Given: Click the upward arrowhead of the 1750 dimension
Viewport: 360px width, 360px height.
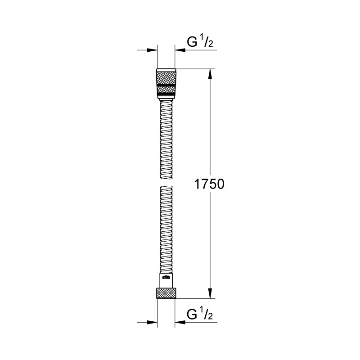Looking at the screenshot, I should pos(210,74).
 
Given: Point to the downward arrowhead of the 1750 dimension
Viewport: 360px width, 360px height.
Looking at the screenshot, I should pos(210,292).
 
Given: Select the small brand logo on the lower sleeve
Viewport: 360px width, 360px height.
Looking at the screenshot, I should pos(166,278).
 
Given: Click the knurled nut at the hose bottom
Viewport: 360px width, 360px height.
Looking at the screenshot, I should pos(166,293).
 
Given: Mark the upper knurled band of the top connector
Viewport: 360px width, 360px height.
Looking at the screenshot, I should pos(166,76).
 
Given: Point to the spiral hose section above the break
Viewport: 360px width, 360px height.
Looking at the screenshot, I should pos(166,139).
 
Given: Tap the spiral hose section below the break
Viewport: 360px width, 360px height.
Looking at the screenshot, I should pos(166,229).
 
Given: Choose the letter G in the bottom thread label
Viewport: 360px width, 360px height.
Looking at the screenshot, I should pos(192,315).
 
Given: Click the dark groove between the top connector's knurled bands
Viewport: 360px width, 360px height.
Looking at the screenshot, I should pos(166,84).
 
